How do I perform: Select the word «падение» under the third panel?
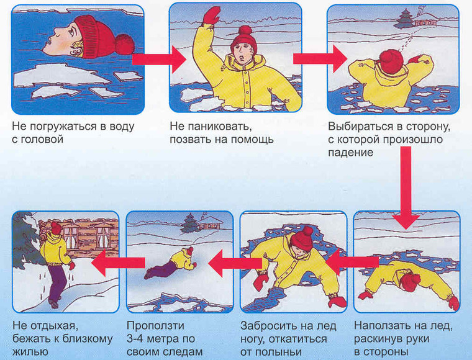click(350, 153)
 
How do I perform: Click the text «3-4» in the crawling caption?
click(137, 339)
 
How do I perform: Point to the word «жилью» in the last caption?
click(30, 352)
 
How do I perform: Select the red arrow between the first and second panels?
click(159, 59)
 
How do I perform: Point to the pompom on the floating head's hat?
click(125, 44)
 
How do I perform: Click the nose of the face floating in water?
click(57, 30)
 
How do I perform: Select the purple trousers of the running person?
click(57, 282)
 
